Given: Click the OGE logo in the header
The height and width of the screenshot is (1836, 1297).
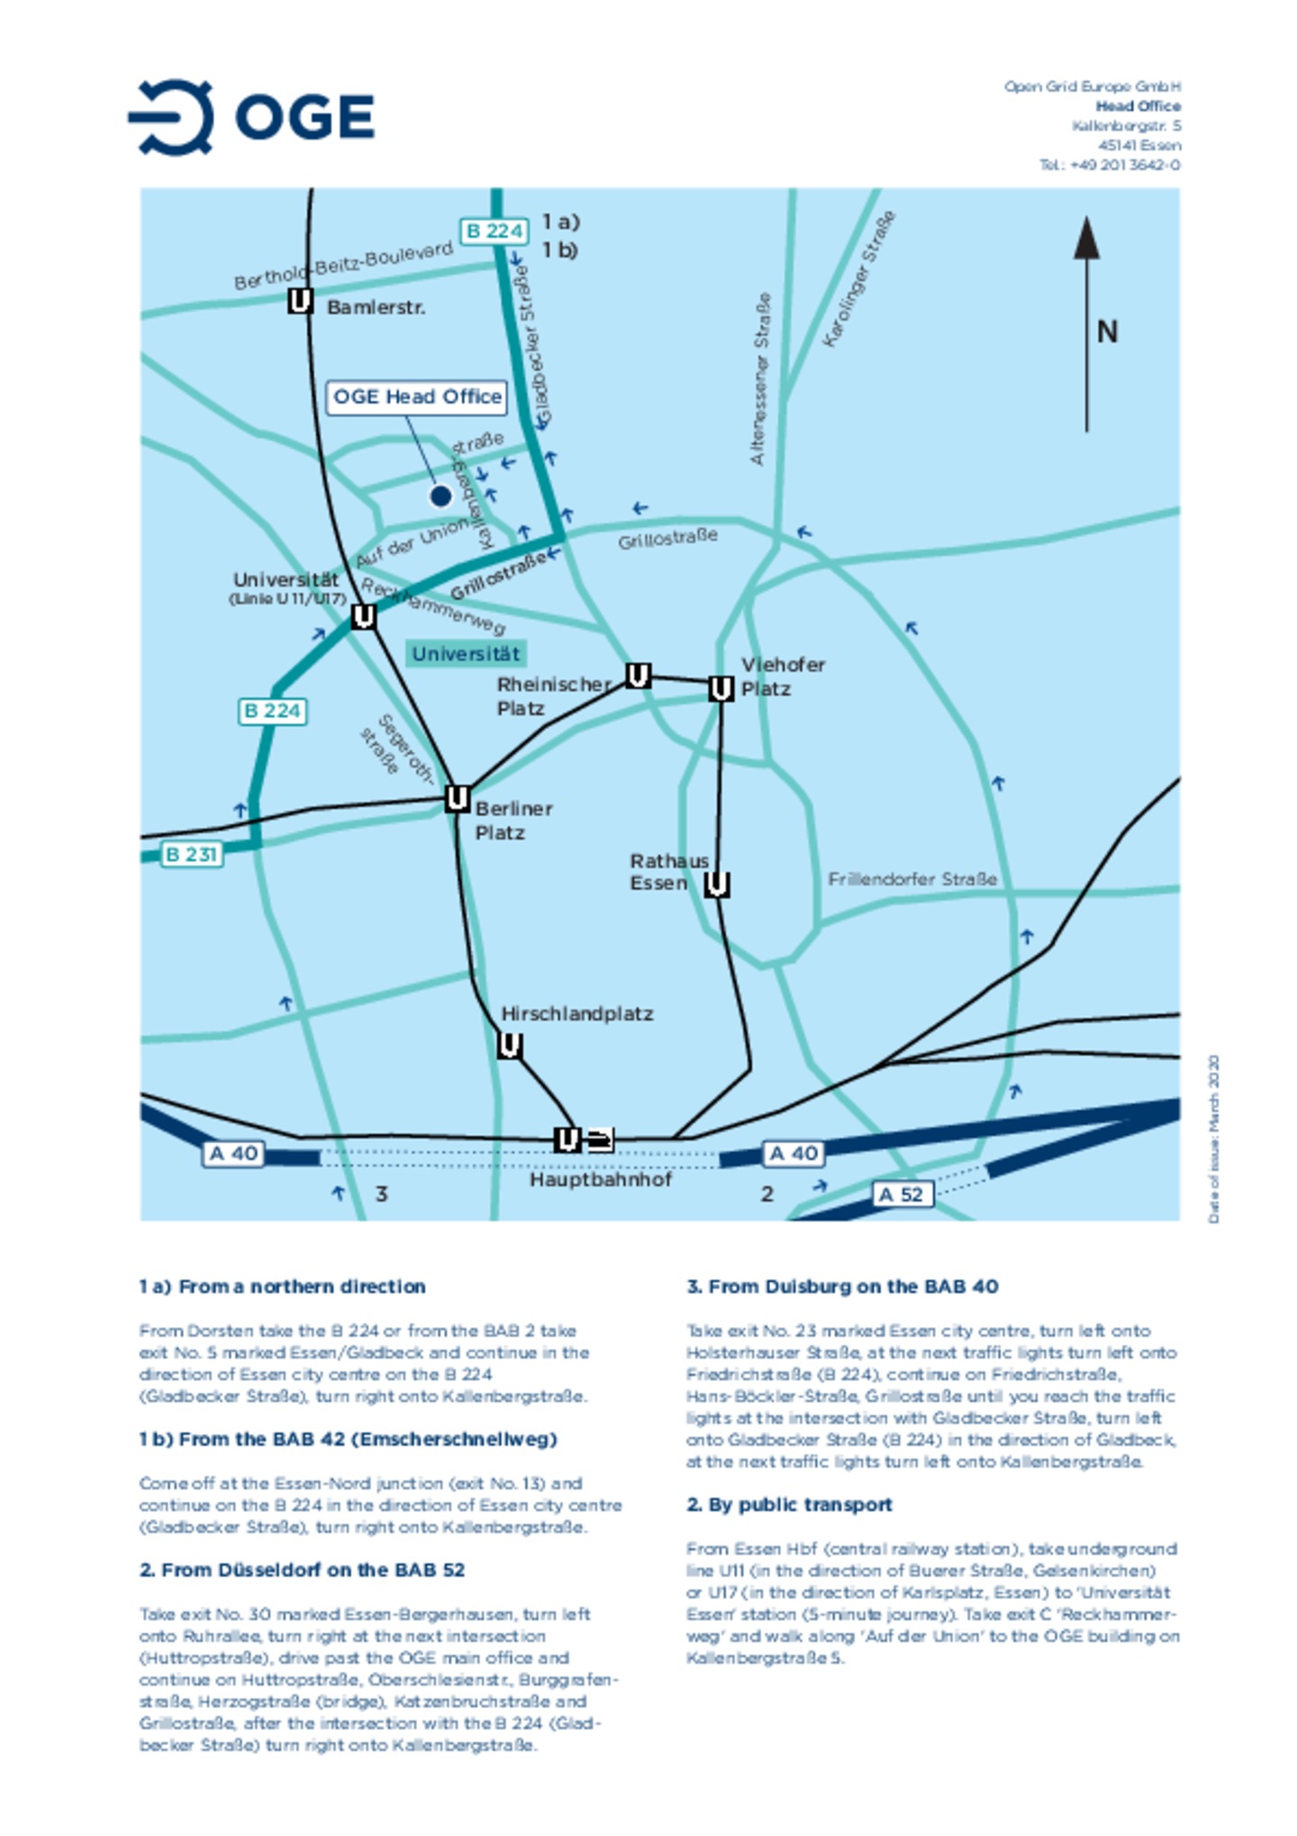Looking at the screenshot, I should point(251,116).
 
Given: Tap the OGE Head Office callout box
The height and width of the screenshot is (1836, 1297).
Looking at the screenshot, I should point(416,396).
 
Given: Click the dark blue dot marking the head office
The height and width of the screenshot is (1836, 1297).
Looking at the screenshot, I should point(440,495).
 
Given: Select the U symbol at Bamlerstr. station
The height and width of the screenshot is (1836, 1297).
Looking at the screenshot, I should point(300,301).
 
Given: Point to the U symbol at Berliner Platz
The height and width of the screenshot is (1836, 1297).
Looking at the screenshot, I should point(458,798).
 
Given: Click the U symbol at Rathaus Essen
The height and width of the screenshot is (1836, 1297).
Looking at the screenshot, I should point(716,885).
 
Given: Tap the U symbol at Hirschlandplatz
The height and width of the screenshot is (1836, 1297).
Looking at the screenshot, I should point(509,1046).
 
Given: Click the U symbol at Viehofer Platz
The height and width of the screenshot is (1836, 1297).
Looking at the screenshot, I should point(721,689).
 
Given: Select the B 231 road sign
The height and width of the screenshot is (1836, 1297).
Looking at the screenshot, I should point(191,854).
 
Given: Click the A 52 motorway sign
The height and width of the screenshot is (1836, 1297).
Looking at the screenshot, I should point(902,1195).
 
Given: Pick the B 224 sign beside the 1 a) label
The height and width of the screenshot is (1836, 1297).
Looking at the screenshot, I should point(494,232).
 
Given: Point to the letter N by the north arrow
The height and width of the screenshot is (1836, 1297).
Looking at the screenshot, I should point(1107,332).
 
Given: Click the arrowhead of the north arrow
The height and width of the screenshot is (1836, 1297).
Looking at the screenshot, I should point(1086,239).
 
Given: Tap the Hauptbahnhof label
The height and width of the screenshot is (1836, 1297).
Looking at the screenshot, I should point(600,1179).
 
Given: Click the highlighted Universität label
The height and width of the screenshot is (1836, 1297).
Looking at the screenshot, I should point(466,654).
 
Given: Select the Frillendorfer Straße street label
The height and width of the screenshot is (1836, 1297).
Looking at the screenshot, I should point(912,879).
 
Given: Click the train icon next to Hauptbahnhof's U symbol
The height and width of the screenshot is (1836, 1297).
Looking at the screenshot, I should point(600,1141).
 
